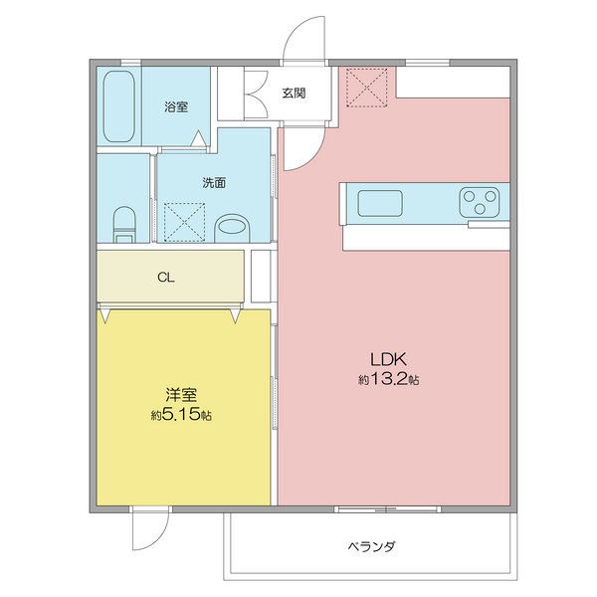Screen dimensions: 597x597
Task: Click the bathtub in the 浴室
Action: click(x=118, y=106)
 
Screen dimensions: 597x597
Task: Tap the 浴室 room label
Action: click(x=176, y=106)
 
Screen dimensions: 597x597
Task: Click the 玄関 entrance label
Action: click(x=294, y=93)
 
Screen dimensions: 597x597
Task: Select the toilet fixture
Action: click(x=124, y=225)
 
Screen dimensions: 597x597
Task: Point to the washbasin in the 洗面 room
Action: click(x=232, y=228)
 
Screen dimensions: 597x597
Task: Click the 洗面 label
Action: click(x=214, y=183)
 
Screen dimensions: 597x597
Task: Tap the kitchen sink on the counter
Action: click(x=380, y=203)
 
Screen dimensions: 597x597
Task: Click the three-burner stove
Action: click(x=480, y=202)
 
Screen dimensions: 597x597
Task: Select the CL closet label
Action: click(x=166, y=278)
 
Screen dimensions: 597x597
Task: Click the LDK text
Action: click(x=389, y=358)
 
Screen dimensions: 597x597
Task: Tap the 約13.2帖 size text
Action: click(x=389, y=379)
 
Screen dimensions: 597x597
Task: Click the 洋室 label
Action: click(x=181, y=395)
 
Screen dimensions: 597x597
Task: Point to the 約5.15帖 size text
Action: click(x=181, y=414)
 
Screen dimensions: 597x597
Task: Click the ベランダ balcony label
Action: click(x=371, y=547)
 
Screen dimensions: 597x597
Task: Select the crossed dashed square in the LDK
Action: click(x=366, y=88)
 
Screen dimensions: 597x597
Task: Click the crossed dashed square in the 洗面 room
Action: click(x=184, y=223)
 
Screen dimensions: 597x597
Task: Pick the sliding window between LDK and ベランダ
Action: click(x=388, y=509)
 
